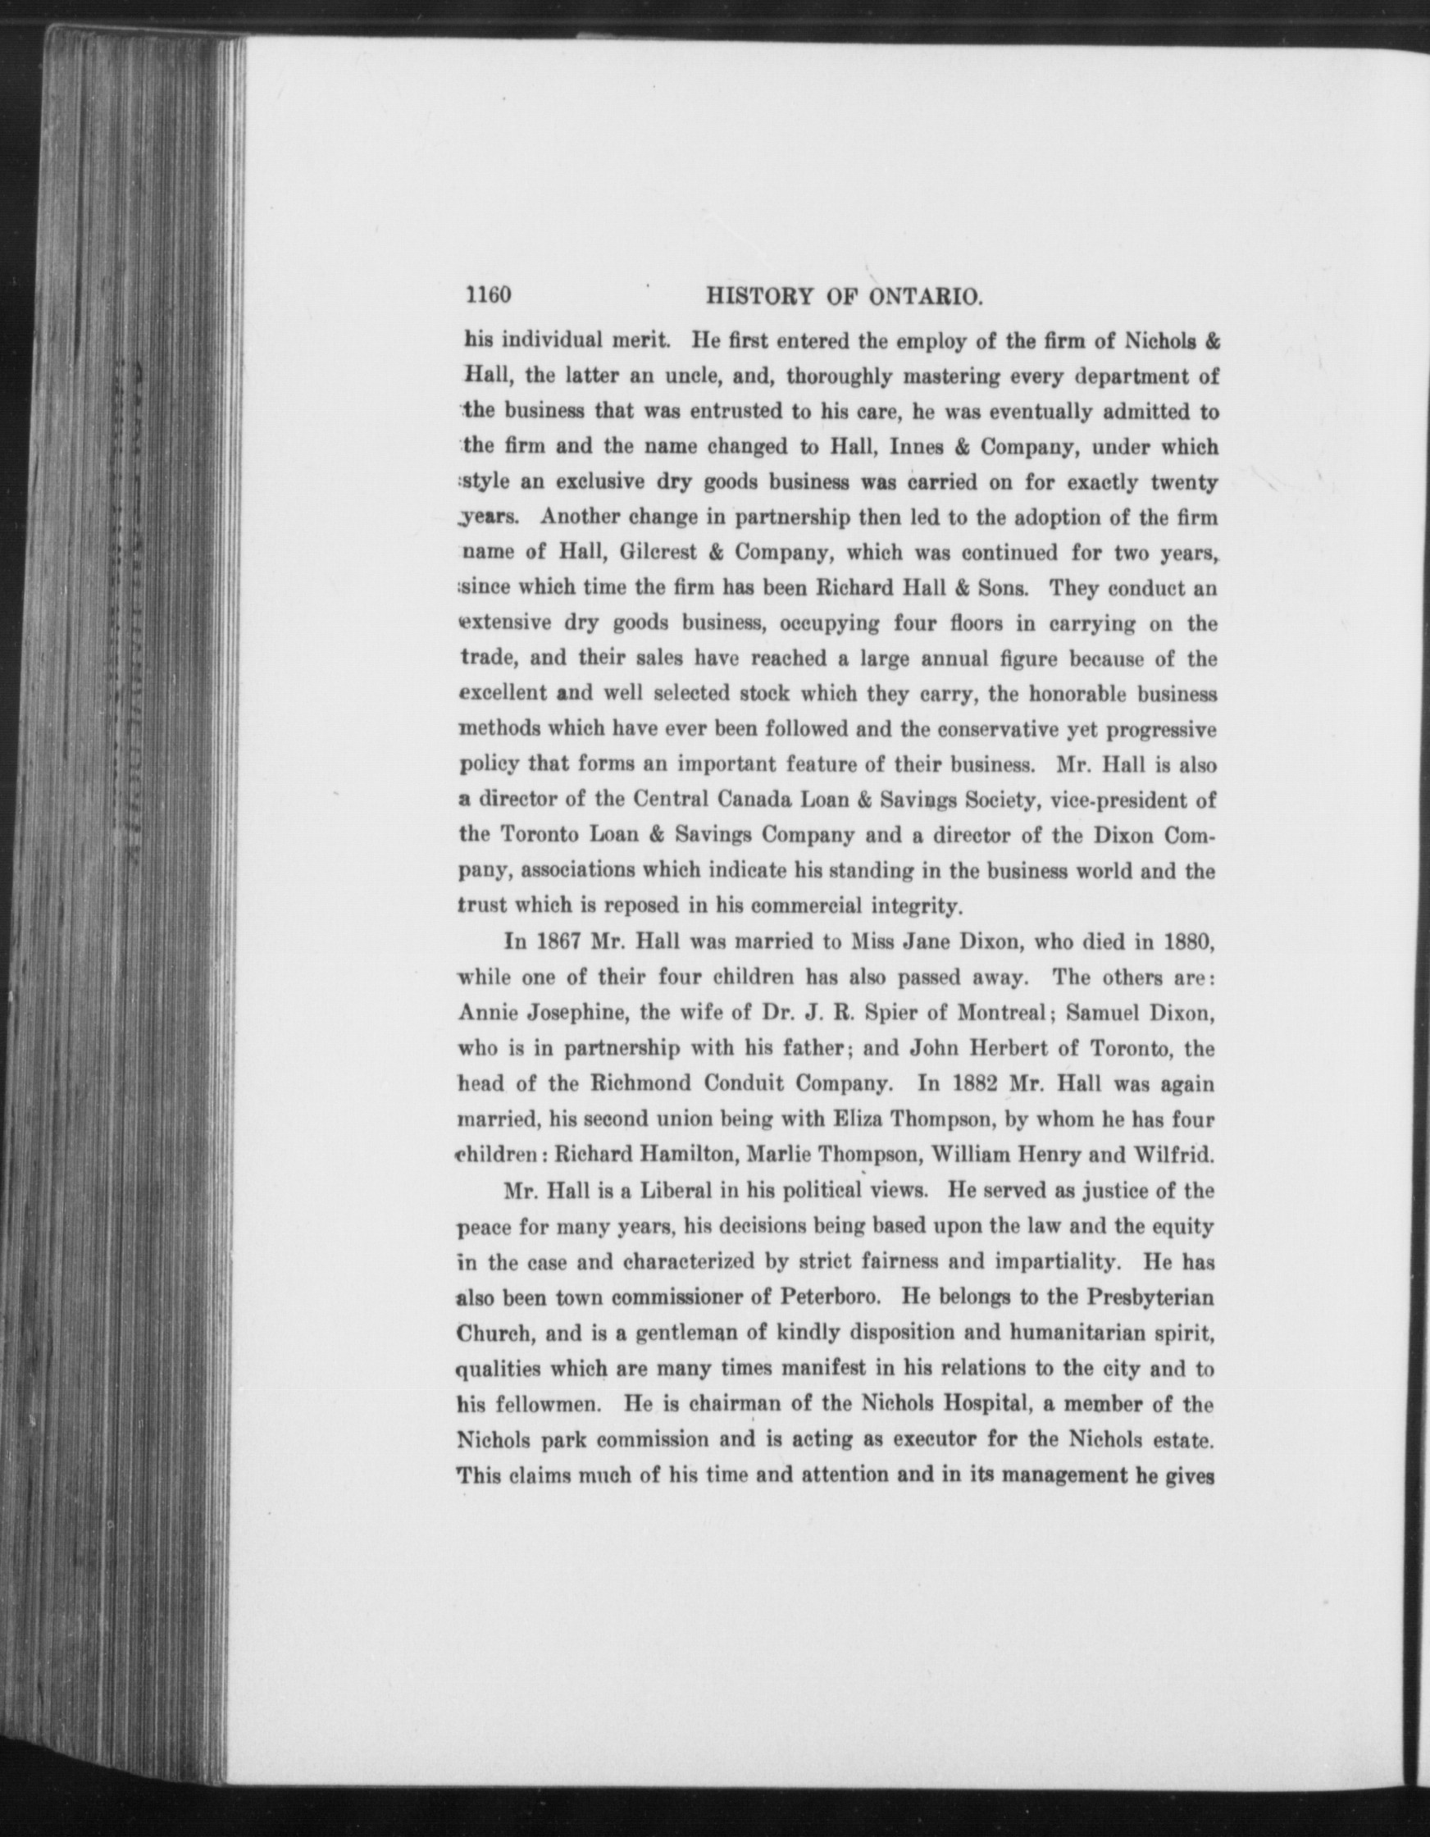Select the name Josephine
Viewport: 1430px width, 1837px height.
coord(576,1013)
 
